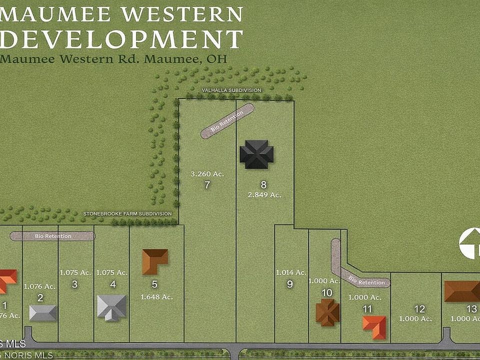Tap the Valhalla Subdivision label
231,90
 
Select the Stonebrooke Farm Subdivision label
127,214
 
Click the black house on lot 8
256,154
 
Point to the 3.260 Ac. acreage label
207,174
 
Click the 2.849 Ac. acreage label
264,194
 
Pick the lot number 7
207,185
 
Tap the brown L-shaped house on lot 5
154,260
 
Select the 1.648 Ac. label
156,296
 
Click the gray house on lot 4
112,307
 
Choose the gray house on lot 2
43,312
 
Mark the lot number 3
75,284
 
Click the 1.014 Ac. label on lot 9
291,272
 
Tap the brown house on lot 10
327,312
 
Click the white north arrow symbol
469,243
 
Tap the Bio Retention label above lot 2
53,236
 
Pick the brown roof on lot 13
462,291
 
